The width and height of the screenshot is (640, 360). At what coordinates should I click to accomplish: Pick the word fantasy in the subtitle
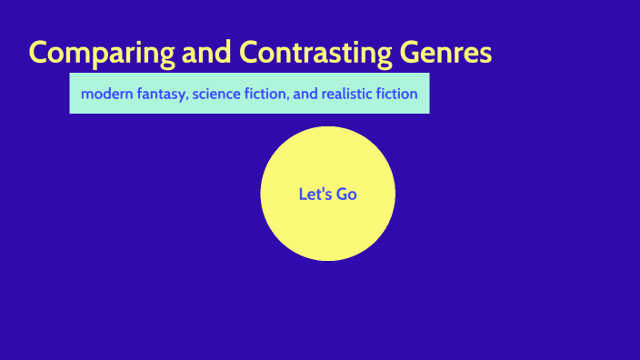(x=161, y=94)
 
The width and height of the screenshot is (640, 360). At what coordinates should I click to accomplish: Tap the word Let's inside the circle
(x=315, y=194)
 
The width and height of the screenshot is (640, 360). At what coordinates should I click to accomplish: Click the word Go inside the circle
(x=347, y=194)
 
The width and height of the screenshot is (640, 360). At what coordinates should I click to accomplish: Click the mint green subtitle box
(x=250, y=105)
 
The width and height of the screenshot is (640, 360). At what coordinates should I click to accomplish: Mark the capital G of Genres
(x=412, y=53)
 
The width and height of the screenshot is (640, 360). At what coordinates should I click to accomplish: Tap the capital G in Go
(x=343, y=194)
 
